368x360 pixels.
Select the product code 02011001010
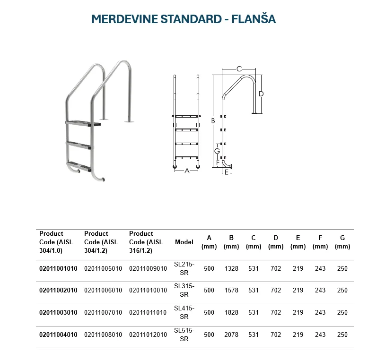(58, 269)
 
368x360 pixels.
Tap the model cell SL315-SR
(184, 290)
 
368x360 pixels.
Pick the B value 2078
(231, 334)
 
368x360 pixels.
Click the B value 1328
(231, 269)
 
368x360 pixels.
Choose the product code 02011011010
(148, 313)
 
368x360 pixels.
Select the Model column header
(184, 242)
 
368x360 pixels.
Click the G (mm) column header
(342, 242)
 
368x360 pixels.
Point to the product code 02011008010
(103, 334)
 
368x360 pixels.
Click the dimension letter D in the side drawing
(261, 94)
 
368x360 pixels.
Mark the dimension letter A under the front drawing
(187, 171)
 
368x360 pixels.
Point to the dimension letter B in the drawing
(213, 121)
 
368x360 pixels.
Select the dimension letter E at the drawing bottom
(227, 172)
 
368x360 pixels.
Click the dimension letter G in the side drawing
(217, 151)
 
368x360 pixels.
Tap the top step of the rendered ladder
(84, 123)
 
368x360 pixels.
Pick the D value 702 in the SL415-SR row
(276, 313)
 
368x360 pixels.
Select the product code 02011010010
(148, 291)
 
